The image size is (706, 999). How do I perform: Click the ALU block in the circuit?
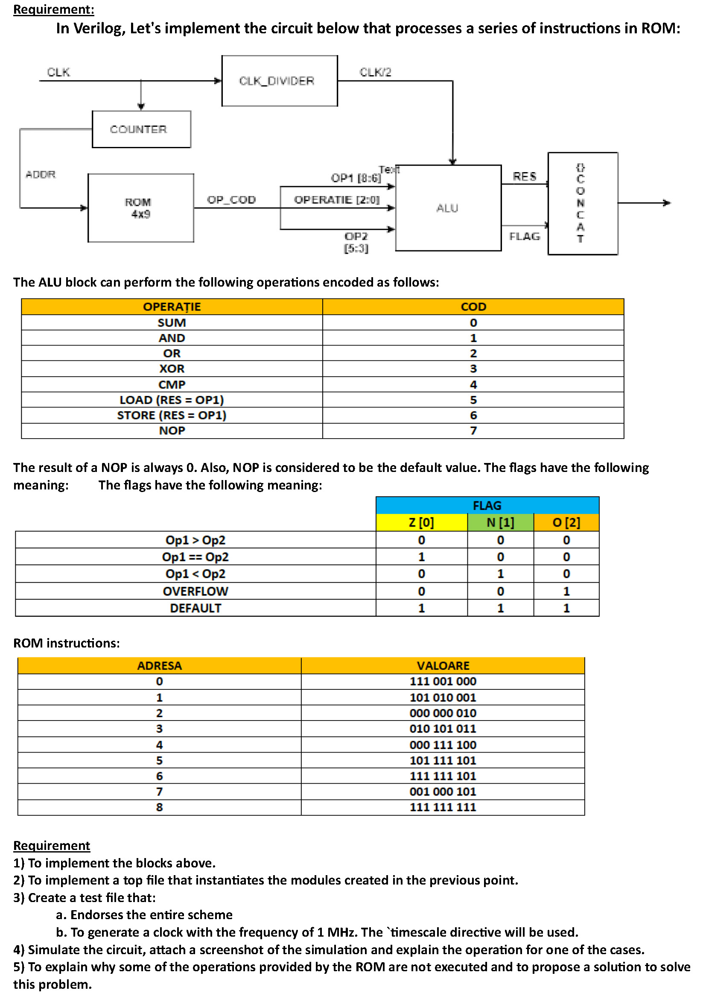tap(448, 208)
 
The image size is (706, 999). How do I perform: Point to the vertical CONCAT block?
tap(583, 204)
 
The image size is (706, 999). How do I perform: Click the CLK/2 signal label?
tap(375, 72)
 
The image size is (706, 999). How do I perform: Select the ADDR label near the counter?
tap(41, 175)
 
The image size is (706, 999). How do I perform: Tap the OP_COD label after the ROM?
tap(231, 200)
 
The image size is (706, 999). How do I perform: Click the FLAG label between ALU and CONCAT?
tap(525, 237)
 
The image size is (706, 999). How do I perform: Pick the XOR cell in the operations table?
tap(172, 369)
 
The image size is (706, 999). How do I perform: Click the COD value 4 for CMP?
tap(473, 385)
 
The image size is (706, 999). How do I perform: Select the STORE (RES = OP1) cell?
tap(172, 416)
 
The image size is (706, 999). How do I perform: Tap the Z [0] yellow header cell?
tap(421, 522)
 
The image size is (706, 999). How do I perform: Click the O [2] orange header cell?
tap(566, 522)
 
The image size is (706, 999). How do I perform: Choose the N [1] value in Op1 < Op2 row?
tap(500, 574)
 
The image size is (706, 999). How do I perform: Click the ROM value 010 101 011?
tap(443, 729)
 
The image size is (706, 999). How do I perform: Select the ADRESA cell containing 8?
tap(159, 808)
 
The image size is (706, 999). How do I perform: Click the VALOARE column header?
tap(443, 666)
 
